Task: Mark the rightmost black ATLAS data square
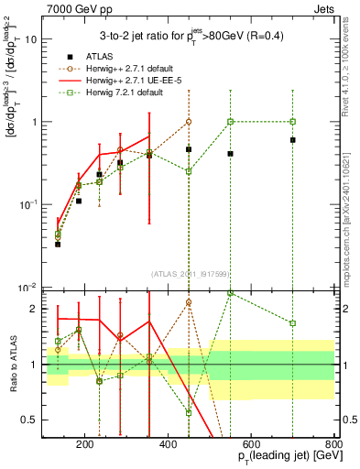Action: coord(292,139)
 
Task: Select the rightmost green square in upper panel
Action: coord(292,121)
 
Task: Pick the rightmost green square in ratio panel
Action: coord(292,322)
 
